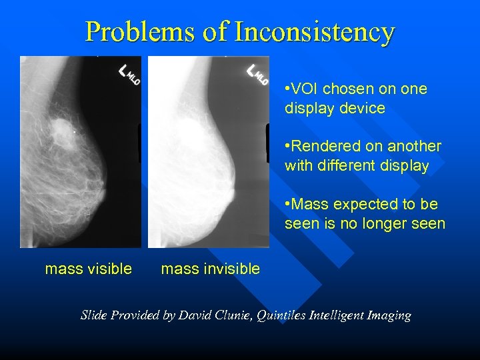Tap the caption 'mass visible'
point(88,269)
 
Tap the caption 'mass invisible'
point(210,269)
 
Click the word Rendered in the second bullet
point(323,146)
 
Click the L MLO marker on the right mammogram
point(257,73)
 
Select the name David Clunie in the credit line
point(223,315)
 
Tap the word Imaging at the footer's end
point(389,315)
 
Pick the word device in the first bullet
point(363,108)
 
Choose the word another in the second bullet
point(417,146)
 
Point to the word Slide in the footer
point(94,315)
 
